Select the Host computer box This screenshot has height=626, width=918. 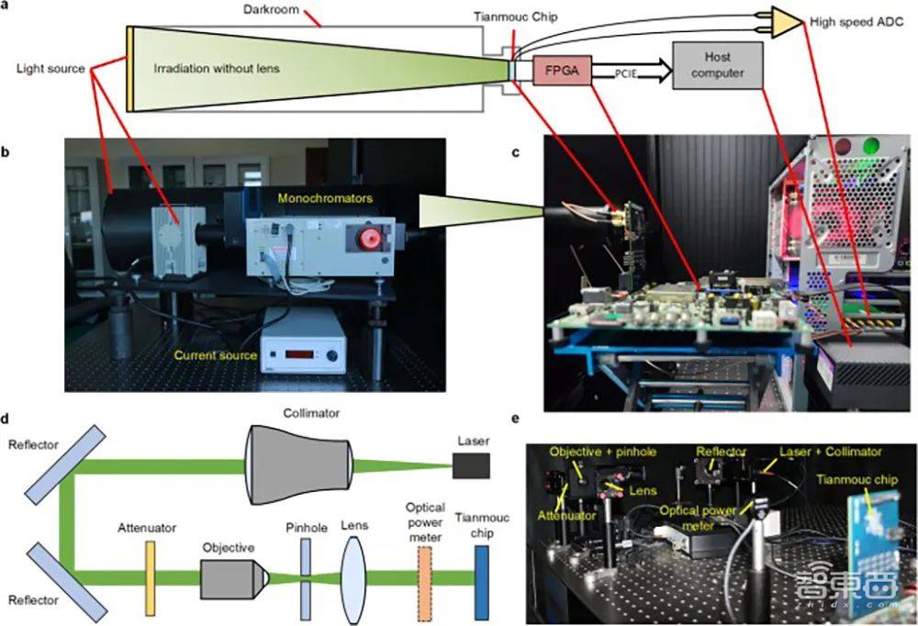tap(718, 65)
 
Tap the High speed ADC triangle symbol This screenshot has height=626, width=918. tap(786, 23)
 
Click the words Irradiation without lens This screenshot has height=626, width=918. tap(218, 67)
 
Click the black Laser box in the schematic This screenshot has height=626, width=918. tap(471, 466)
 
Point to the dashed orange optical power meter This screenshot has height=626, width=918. tap(424, 576)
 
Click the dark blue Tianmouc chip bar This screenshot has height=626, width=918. tap(482, 576)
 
